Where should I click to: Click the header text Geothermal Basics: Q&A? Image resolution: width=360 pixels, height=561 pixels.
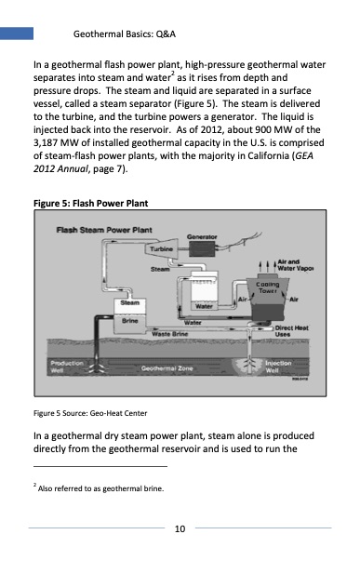(x=124, y=34)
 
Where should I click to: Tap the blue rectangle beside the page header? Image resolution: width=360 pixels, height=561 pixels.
(x=17, y=33)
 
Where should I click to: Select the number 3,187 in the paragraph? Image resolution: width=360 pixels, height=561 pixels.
(x=46, y=142)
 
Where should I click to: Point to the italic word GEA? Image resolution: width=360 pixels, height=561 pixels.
(x=304, y=155)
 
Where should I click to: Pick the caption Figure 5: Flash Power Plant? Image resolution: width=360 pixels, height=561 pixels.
(x=90, y=203)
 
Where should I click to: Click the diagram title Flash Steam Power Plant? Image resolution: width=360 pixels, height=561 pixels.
(x=104, y=230)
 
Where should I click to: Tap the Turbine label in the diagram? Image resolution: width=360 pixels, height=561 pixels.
(x=161, y=249)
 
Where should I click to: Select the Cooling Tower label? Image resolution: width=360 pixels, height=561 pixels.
(x=268, y=287)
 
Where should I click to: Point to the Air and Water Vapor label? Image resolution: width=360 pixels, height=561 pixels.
(x=296, y=265)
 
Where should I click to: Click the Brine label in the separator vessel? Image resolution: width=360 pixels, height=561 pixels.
(x=129, y=321)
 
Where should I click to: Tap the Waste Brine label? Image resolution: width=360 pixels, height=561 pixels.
(x=169, y=334)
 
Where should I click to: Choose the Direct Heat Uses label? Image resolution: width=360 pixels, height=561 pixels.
(x=291, y=331)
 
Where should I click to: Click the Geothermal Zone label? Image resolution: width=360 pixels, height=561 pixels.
(x=167, y=368)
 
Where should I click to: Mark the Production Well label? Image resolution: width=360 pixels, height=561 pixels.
(x=67, y=367)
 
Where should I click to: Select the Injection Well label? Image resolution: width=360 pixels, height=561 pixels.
(x=278, y=367)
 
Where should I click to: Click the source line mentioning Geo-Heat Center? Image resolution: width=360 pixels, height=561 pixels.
(x=90, y=413)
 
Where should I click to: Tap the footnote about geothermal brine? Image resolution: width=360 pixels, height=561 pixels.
(x=99, y=488)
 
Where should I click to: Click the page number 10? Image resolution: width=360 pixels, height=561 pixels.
(x=180, y=528)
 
